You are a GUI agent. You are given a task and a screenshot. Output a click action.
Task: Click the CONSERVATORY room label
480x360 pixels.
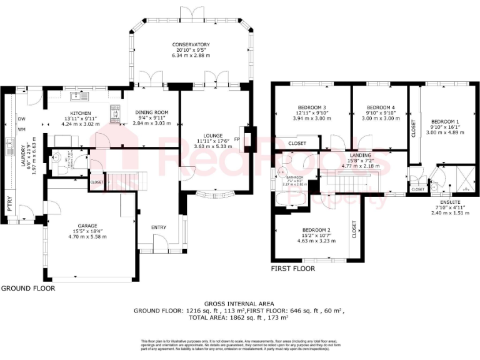click(x=191, y=44)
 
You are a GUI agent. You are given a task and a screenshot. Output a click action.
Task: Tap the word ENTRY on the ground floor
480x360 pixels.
click(x=159, y=227)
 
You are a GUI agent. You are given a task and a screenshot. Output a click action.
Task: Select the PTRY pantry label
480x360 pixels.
click(x=11, y=206)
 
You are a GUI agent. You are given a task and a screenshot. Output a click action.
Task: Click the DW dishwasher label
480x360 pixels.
click(x=21, y=119)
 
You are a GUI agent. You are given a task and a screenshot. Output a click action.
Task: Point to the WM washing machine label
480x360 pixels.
click(x=21, y=129)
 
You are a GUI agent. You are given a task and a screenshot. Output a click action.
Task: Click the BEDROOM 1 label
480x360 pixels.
click(x=444, y=121)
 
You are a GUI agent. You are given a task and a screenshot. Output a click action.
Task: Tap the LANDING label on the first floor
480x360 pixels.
click(x=360, y=155)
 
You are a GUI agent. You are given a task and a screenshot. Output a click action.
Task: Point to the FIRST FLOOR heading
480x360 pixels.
click(x=293, y=269)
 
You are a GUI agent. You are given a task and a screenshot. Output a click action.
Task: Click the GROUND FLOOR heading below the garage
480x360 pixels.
click(x=27, y=289)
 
